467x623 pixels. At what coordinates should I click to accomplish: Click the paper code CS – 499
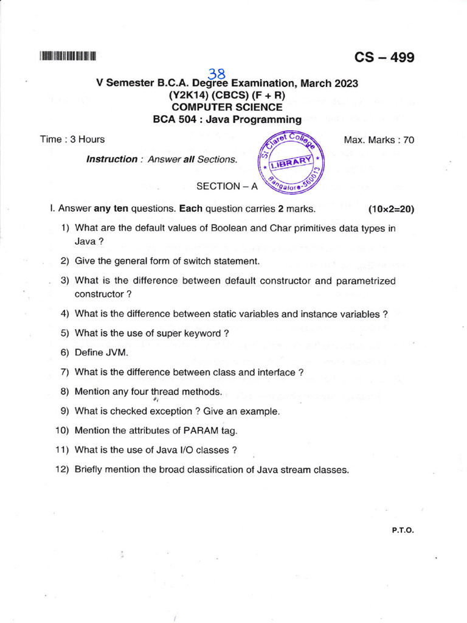(384, 58)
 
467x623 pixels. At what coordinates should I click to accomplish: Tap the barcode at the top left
(69, 57)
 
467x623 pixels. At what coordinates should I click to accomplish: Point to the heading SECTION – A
(223, 186)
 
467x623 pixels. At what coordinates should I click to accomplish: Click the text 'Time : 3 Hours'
(72, 139)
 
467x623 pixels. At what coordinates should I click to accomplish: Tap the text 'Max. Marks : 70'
(379, 140)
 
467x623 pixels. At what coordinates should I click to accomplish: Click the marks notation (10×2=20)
(391, 209)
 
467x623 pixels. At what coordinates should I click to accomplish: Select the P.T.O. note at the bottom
(403, 530)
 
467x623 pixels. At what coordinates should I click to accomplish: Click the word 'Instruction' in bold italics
(112, 159)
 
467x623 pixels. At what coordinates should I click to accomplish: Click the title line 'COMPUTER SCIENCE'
(227, 107)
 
